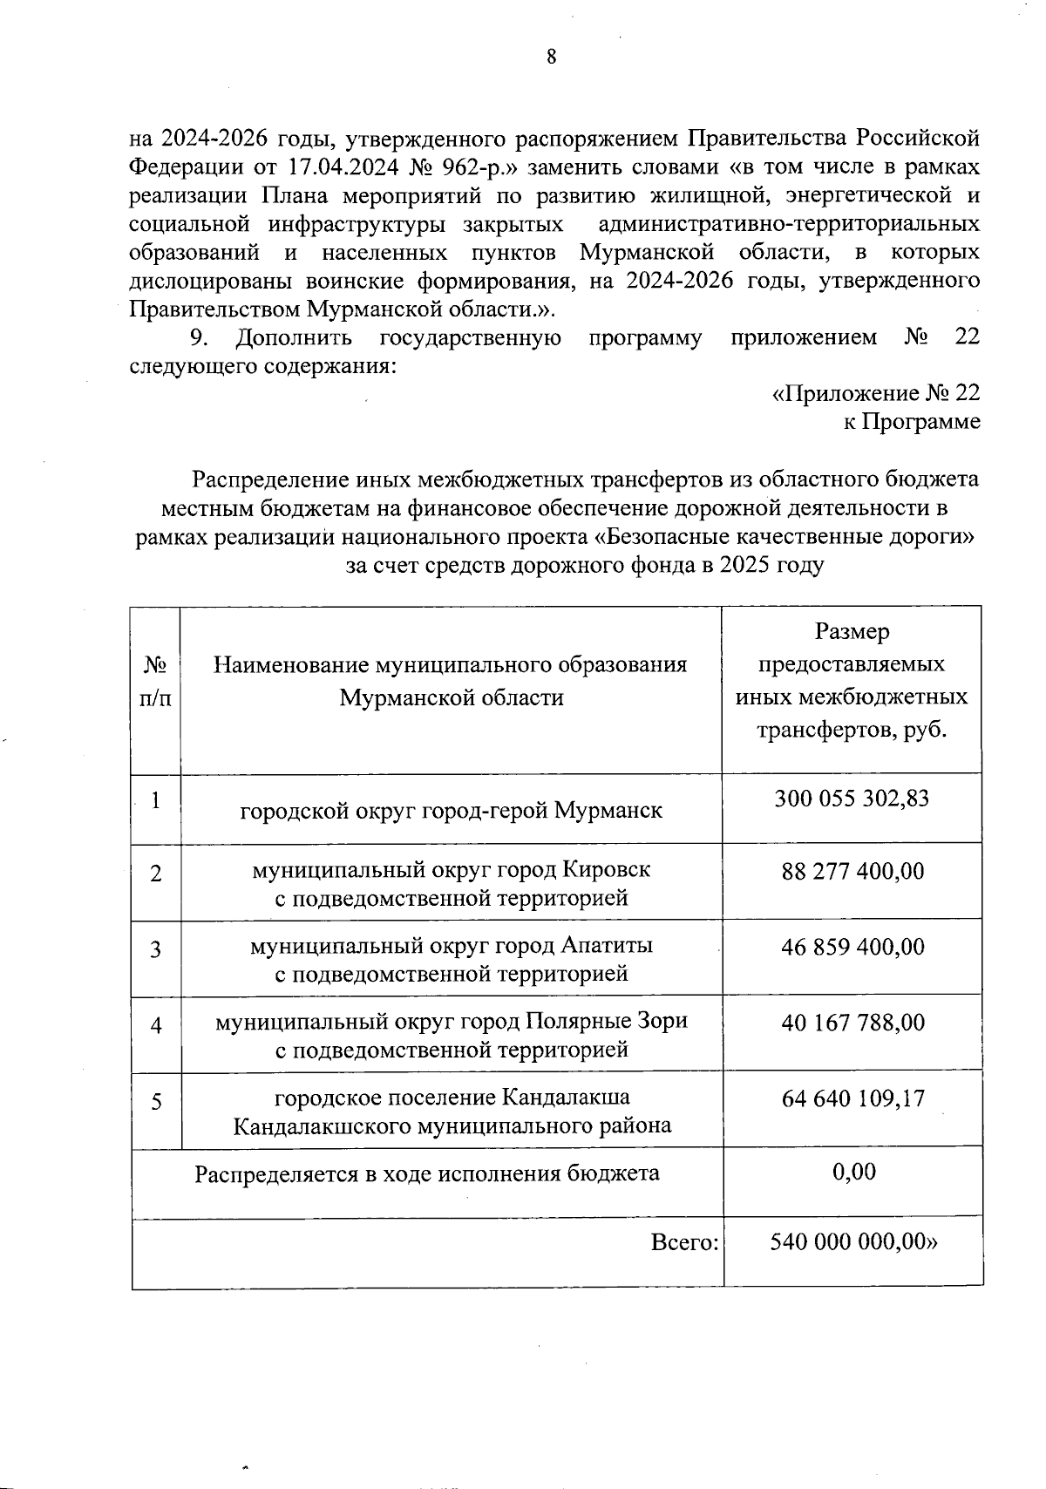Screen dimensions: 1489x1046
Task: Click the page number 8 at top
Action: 551,58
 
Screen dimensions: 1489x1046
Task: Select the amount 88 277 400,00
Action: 852,871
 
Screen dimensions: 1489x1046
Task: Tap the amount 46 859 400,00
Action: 852,947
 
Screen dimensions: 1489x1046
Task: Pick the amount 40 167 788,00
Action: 852,1022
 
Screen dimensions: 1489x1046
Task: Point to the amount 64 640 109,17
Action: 852,1098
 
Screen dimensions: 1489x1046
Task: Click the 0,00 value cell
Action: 853,1172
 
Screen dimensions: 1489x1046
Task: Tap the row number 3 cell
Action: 155,949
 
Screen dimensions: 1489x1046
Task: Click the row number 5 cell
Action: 155,1101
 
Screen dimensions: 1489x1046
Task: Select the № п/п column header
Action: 155,682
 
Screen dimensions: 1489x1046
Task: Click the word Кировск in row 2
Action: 606,870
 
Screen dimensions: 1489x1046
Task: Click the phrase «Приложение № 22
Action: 876,393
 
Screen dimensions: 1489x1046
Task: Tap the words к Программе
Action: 911,422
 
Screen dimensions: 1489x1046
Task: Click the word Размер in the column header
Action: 852,631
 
